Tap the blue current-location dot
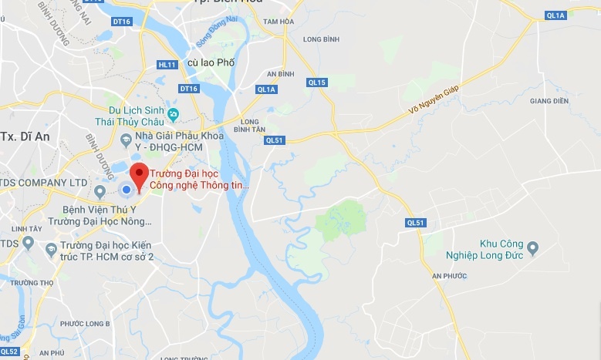click(x=125, y=190)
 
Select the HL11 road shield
click(x=167, y=65)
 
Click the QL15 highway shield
click(x=317, y=82)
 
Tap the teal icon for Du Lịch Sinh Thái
click(x=174, y=116)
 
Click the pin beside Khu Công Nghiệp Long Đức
click(x=532, y=248)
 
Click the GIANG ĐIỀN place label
click(x=549, y=101)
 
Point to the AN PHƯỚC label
click(x=450, y=275)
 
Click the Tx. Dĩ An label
click(x=20, y=136)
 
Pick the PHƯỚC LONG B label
click(x=85, y=324)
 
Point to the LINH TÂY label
click(x=27, y=229)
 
